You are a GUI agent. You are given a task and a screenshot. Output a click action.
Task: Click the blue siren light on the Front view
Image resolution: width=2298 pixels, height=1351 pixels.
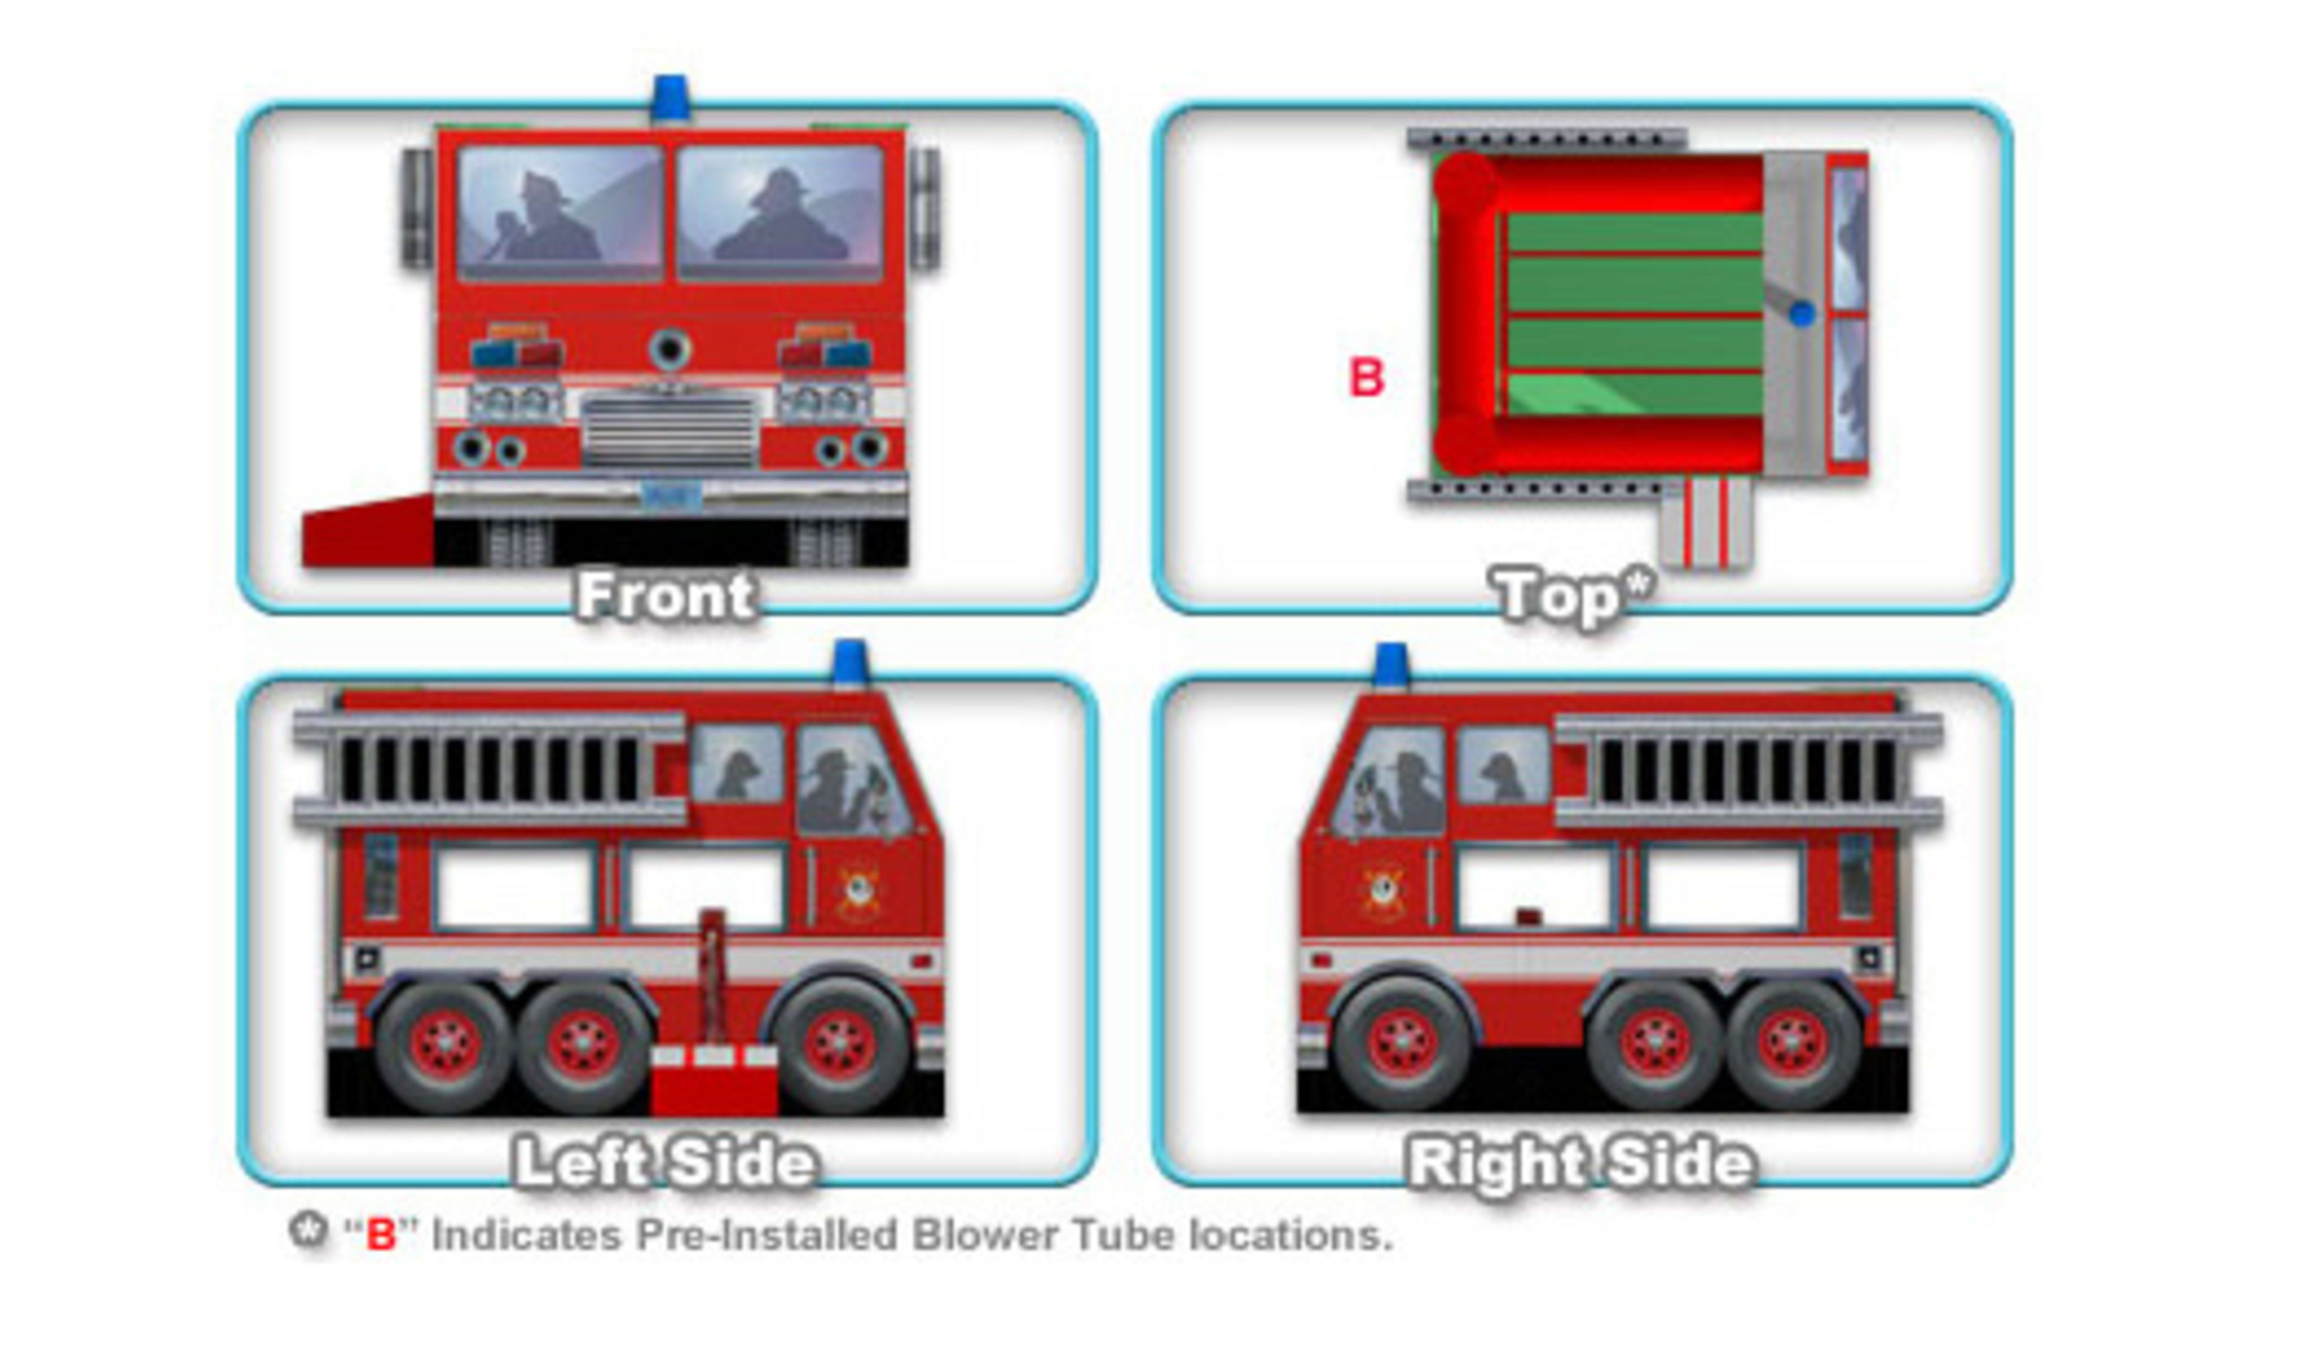(x=670, y=99)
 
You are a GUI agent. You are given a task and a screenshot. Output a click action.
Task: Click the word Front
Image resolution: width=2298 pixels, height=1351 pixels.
(x=665, y=596)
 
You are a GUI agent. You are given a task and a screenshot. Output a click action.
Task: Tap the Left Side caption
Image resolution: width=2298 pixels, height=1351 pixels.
(x=665, y=1163)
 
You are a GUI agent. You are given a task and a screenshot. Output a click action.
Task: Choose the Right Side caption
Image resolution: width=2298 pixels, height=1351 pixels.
(x=1580, y=1163)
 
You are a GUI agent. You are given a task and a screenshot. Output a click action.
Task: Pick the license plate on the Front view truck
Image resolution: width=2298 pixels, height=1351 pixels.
(x=671, y=495)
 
